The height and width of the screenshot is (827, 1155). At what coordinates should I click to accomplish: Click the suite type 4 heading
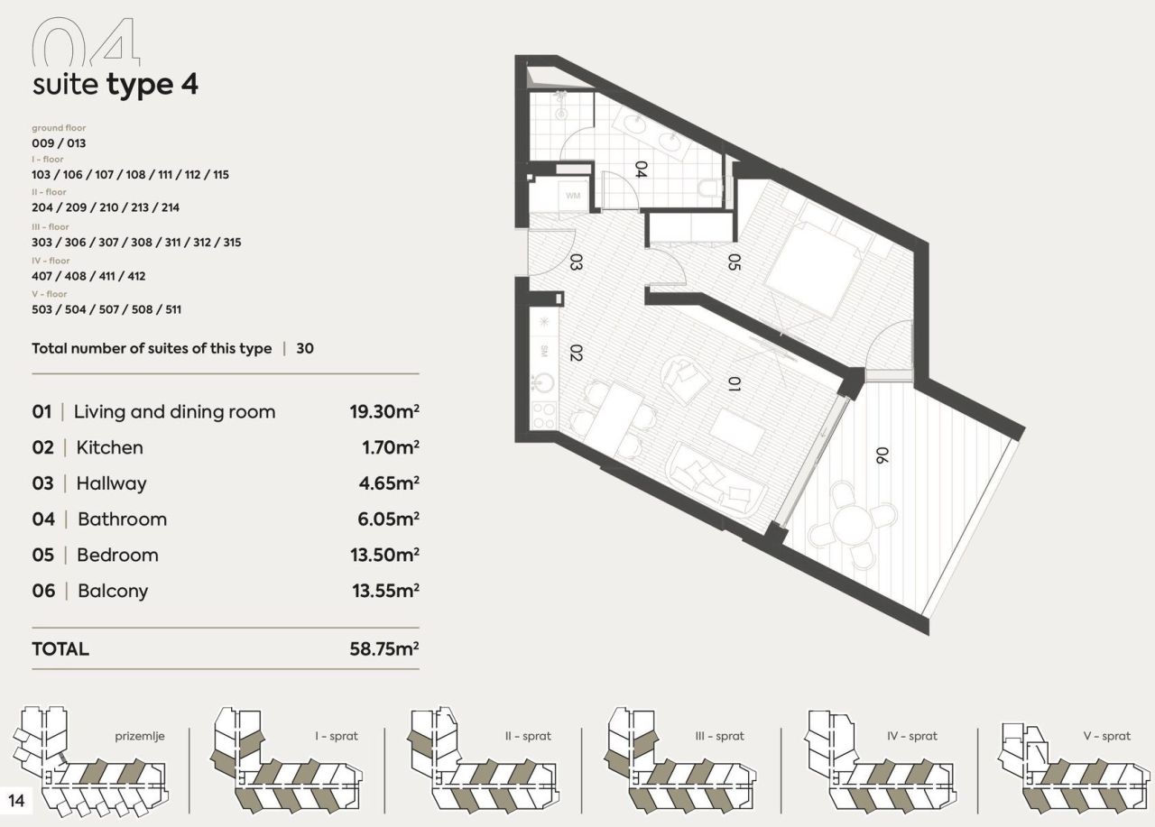[115, 85]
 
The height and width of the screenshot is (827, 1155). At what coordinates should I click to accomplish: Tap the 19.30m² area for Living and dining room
[384, 412]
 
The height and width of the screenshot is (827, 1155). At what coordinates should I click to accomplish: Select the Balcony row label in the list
[113, 591]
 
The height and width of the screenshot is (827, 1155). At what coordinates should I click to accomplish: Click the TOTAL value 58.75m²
[384, 648]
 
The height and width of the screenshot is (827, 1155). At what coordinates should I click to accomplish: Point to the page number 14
[17, 799]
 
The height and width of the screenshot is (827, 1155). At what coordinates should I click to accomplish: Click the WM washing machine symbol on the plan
[573, 195]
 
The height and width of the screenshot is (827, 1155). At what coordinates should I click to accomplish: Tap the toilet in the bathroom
[710, 188]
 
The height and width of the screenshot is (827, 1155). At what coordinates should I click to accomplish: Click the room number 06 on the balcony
[881, 455]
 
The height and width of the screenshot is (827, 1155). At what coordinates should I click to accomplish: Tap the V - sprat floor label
[1106, 736]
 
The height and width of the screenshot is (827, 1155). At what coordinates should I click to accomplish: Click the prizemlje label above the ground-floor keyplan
[140, 736]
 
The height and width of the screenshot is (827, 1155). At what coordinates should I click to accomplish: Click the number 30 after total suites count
[305, 348]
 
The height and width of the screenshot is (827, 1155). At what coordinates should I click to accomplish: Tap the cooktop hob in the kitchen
[544, 416]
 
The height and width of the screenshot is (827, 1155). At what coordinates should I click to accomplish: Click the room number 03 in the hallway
[575, 262]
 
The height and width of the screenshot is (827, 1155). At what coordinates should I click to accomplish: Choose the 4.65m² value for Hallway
[389, 483]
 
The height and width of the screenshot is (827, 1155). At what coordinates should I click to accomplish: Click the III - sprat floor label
[719, 736]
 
